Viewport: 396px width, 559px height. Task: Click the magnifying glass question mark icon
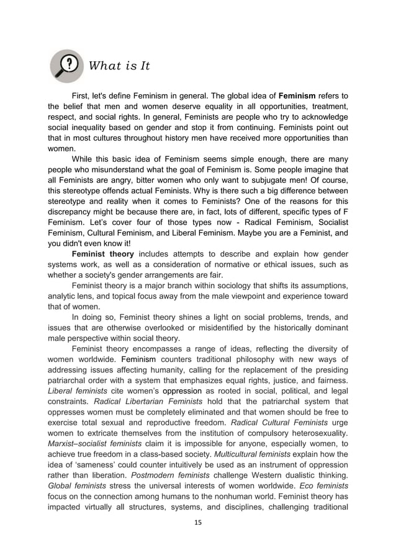click(x=66, y=66)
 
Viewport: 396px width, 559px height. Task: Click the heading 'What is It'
click(x=119, y=66)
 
